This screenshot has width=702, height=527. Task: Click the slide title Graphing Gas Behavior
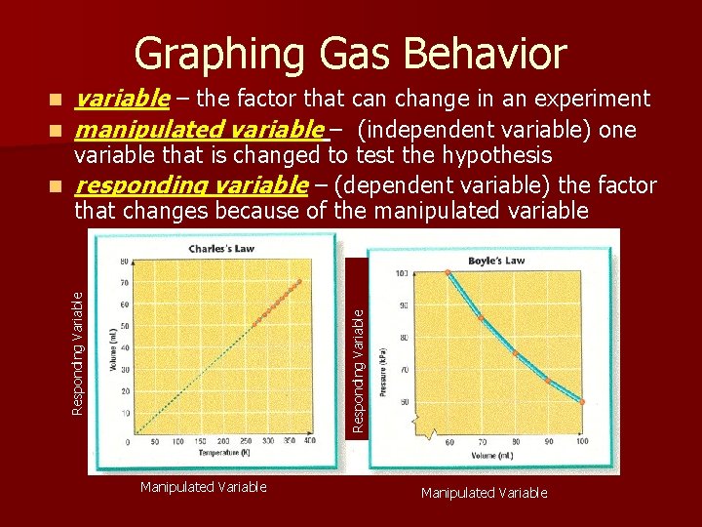(x=350, y=54)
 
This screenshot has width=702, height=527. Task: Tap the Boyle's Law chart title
(x=495, y=261)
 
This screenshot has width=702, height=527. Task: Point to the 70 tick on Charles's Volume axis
(x=123, y=283)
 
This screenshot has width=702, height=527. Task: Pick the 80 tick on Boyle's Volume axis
(x=515, y=441)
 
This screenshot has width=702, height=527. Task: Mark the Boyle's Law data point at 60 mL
(x=448, y=273)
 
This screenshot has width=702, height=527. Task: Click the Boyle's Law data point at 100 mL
(x=582, y=401)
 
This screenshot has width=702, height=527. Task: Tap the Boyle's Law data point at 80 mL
(x=515, y=353)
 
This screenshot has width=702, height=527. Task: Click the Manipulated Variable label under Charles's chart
(x=203, y=487)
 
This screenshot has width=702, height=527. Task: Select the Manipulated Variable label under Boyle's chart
(x=484, y=493)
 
